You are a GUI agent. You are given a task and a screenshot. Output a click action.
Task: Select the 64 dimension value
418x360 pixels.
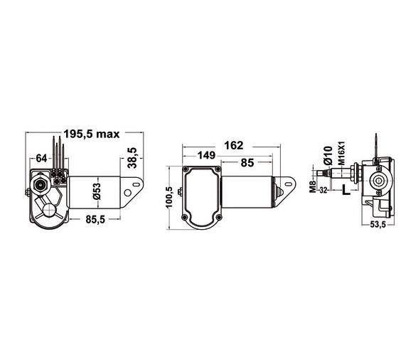[x=41, y=158]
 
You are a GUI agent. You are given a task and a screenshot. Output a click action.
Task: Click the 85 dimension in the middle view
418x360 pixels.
[x=247, y=162]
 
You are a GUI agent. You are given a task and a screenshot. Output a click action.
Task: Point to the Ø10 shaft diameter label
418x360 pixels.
[x=327, y=154]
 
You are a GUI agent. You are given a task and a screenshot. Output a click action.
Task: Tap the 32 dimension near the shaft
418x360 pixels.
[x=323, y=191]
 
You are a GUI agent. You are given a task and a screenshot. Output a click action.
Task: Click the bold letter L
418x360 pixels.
[x=344, y=190]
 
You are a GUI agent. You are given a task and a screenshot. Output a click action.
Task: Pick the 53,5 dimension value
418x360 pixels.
[x=378, y=226]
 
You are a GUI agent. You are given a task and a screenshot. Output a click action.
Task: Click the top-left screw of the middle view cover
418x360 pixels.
[x=188, y=171]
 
